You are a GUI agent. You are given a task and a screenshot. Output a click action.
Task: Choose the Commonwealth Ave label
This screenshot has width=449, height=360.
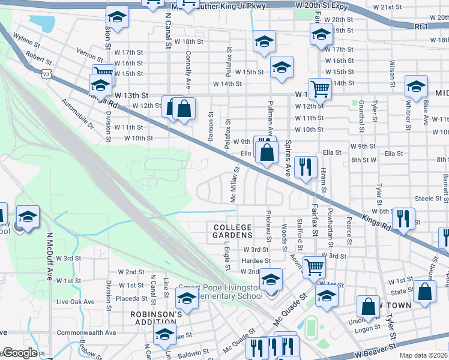coord(86,332)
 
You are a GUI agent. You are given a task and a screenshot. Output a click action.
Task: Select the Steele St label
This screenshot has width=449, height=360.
coord(428,198)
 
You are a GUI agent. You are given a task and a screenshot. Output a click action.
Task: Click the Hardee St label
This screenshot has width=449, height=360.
coord(256,261)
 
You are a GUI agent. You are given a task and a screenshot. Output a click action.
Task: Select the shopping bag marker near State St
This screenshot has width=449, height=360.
coord(424,292)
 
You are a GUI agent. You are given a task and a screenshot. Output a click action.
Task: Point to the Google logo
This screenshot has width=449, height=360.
coord(19,353)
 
